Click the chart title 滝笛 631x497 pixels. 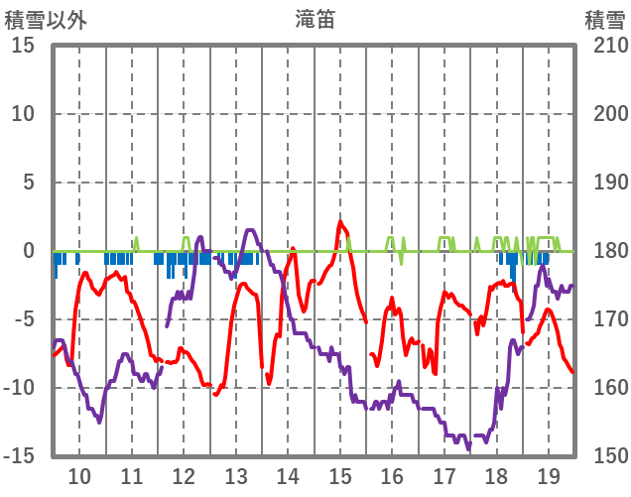click(315, 19)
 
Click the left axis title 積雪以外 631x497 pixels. click(46, 19)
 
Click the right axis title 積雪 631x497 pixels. click(604, 19)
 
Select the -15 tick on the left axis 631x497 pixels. click(20, 455)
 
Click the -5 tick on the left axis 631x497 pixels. click(25, 319)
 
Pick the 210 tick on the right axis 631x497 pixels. click(606, 46)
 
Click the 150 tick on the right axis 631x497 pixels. click(606, 455)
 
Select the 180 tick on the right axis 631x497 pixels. click(606, 251)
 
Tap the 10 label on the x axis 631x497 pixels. click(79, 475)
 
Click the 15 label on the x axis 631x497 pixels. click(340, 475)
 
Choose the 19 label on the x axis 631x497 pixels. click(549, 475)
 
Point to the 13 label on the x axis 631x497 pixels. click(236, 475)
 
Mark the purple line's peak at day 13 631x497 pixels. click(249, 231)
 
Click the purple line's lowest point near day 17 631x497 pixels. click(468, 447)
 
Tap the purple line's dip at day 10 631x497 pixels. click(99, 421)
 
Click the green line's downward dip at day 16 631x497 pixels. click(402, 264)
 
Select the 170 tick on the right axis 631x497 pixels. click(606, 319)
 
